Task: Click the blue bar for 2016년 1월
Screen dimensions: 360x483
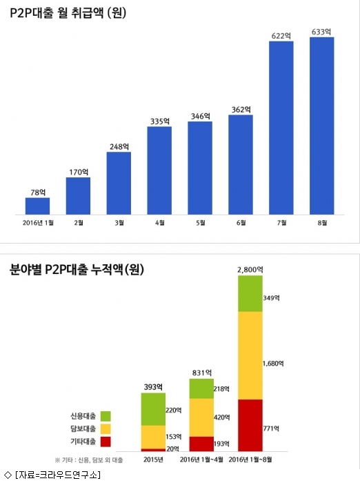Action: (x=37, y=206)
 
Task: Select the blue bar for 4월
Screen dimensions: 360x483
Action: (x=159, y=170)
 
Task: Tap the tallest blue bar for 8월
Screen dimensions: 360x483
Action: (x=322, y=126)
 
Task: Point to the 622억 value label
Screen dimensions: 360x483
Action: (x=281, y=36)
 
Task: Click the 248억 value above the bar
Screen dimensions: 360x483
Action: (x=119, y=146)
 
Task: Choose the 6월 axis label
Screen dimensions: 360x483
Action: (x=241, y=222)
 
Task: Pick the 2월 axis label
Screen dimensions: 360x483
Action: (x=79, y=222)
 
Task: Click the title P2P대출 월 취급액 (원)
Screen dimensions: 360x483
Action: (x=68, y=13)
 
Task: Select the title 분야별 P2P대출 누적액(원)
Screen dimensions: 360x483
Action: (x=77, y=270)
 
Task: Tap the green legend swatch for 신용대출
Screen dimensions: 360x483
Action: (x=106, y=416)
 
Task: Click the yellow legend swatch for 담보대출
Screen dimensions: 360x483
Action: (x=106, y=428)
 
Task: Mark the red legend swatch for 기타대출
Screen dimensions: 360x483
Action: (x=106, y=442)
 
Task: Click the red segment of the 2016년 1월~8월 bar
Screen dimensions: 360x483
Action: (x=250, y=426)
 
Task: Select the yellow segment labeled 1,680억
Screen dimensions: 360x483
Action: (x=250, y=355)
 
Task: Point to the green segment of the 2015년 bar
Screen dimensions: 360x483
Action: (x=153, y=409)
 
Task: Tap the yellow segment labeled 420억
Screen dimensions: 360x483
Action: (x=201, y=417)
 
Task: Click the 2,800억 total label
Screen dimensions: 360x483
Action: (x=250, y=270)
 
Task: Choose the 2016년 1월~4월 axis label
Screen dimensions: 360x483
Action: (x=201, y=460)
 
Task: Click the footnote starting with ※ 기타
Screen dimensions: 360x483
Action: (x=89, y=460)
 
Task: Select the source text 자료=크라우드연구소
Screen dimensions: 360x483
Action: (x=58, y=475)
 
